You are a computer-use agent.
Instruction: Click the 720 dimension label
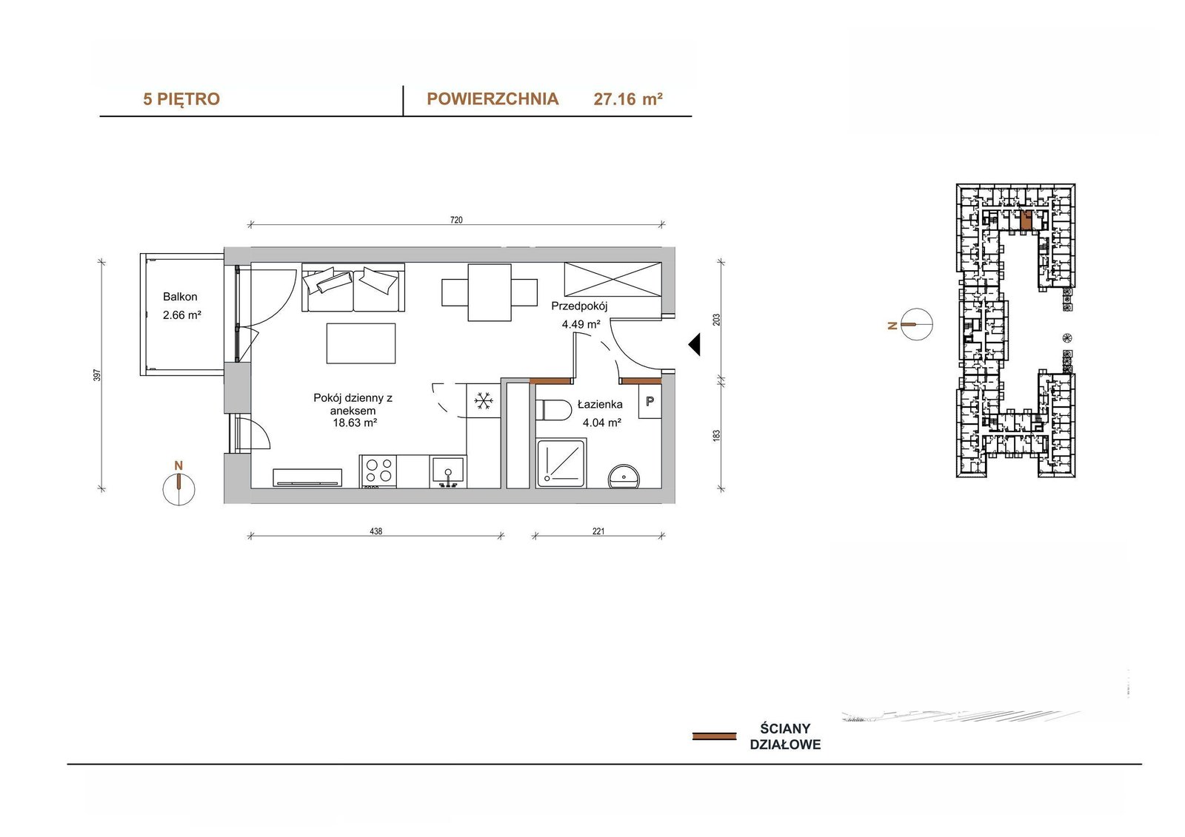[456, 220]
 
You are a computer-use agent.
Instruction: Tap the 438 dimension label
[375, 531]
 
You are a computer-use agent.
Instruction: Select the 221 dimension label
[598, 531]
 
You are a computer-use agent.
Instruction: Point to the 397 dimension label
[97, 375]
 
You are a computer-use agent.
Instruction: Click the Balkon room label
[180, 297]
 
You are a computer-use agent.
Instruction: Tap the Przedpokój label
[579, 306]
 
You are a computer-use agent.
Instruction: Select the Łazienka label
[600, 405]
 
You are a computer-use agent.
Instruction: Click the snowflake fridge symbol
[484, 401]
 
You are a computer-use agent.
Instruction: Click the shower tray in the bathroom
[561, 463]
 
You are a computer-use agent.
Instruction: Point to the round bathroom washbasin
[624, 476]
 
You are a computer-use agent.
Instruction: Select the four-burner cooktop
[378, 471]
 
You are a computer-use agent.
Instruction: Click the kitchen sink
[447, 471]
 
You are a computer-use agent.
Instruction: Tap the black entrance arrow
[694, 345]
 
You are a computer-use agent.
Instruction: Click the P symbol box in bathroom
[650, 401]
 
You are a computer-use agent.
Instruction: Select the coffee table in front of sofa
[361, 343]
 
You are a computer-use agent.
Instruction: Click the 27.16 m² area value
[628, 99]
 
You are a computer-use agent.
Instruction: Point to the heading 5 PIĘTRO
[181, 99]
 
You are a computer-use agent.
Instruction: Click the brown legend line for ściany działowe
[714, 736]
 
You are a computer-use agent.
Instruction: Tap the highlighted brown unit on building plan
[1026, 220]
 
